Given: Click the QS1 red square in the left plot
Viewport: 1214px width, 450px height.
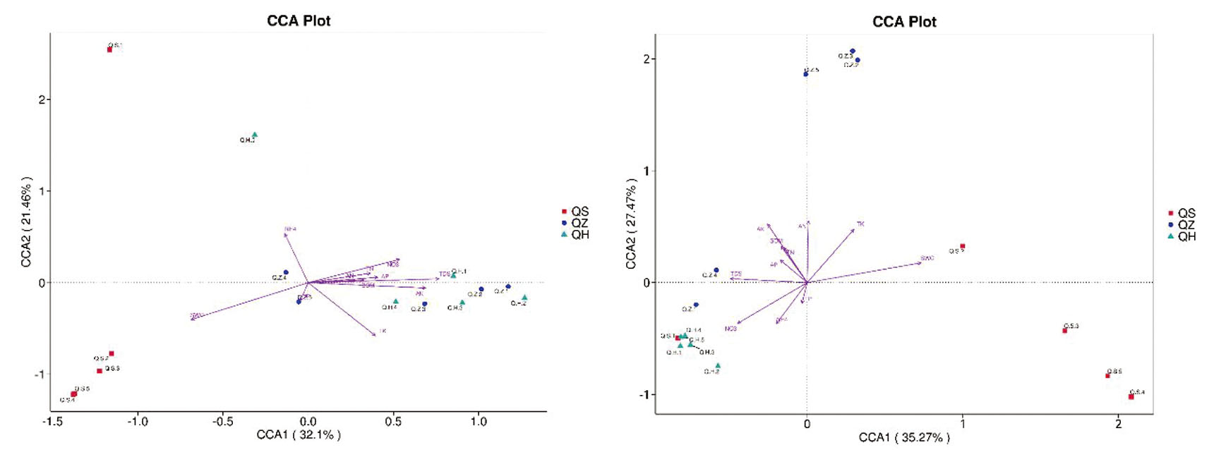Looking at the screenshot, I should pos(109,49).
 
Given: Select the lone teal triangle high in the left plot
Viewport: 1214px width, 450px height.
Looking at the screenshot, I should pos(255,135).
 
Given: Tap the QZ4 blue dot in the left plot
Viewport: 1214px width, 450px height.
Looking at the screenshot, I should pos(286,272).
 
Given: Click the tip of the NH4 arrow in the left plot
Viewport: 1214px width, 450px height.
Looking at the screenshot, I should pos(284,233).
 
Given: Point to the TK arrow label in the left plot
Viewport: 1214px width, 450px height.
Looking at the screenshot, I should pos(383,331).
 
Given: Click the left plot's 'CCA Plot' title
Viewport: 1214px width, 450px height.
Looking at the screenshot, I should pos(299,21).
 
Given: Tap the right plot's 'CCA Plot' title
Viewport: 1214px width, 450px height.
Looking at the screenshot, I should pos(904,22).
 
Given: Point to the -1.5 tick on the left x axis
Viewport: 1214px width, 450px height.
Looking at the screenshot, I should pos(52,422).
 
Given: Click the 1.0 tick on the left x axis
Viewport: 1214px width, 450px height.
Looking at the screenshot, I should pos(479,422).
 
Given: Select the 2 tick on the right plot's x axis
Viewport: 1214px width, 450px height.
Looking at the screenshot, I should pos(1118,424).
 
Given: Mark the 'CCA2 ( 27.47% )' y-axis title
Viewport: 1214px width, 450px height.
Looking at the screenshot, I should pos(631,223).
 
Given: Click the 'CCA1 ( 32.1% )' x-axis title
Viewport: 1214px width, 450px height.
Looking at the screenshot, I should pos(299,435).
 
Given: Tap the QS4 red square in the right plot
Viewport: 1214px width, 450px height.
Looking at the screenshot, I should pos(1131,397).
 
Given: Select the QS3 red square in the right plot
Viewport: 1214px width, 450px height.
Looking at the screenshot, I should pos(1064,330).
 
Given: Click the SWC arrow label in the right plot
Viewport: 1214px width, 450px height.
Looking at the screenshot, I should pos(927,258).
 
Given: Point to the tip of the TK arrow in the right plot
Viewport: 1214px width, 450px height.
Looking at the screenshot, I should pos(854,229).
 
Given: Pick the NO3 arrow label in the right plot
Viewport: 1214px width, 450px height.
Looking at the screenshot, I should pos(731,329).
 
